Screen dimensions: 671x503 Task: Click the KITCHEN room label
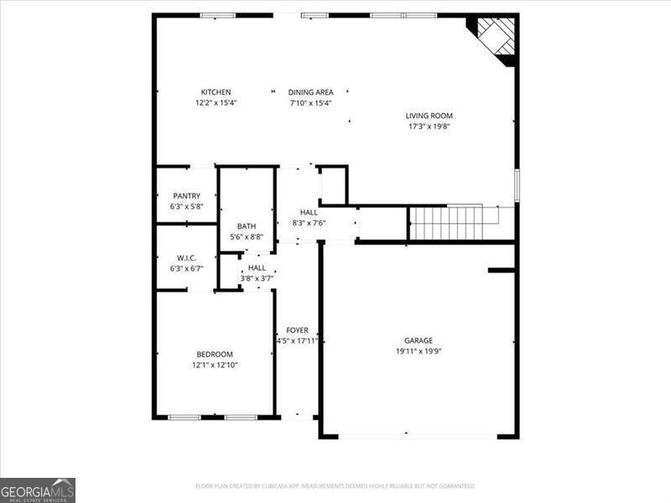coord(216,92)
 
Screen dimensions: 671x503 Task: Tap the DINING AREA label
coord(310,92)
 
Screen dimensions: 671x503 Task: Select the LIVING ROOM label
coord(429,116)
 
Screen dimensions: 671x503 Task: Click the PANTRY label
coord(186,196)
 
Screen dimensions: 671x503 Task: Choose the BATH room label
coord(247,226)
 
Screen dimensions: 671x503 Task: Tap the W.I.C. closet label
coord(186,258)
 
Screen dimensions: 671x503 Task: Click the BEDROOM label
coord(215,354)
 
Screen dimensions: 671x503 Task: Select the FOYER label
coord(298,330)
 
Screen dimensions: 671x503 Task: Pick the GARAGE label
coord(419,340)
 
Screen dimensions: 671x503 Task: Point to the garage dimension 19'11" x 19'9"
coord(419,351)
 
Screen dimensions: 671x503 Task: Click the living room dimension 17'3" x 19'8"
coord(429,127)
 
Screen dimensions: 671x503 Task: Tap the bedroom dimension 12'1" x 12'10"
coord(215,365)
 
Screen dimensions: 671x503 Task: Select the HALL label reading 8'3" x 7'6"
coord(309,217)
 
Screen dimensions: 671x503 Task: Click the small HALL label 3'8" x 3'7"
coord(257,273)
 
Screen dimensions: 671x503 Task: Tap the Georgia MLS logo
coord(38,490)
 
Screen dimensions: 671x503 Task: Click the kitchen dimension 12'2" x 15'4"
coord(216,102)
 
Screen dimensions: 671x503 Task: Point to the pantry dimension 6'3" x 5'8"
coord(186,206)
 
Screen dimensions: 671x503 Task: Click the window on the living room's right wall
coord(517,185)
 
